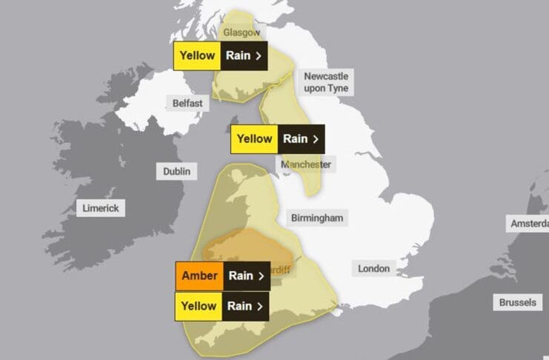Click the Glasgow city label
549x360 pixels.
(242, 33)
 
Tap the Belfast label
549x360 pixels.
(187, 104)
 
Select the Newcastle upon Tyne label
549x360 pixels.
(325, 82)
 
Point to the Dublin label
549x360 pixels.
(176, 172)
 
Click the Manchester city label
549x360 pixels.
(307, 164)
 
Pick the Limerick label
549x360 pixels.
(100, 208)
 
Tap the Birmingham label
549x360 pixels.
(317, 218)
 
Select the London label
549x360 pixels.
(373, 268)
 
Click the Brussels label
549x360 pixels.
(517, 302)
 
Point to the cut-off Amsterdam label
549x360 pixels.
(529, 223)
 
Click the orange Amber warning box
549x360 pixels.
(199, 276)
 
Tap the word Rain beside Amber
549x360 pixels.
(240, 276)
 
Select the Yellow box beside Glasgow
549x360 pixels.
(196, 56)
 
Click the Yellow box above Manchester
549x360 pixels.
(254, 139)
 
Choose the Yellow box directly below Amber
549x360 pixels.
(199, 306)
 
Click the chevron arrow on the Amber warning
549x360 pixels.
(260, 276)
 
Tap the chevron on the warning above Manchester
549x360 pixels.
(316, 139)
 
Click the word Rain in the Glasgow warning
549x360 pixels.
(239, 56)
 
